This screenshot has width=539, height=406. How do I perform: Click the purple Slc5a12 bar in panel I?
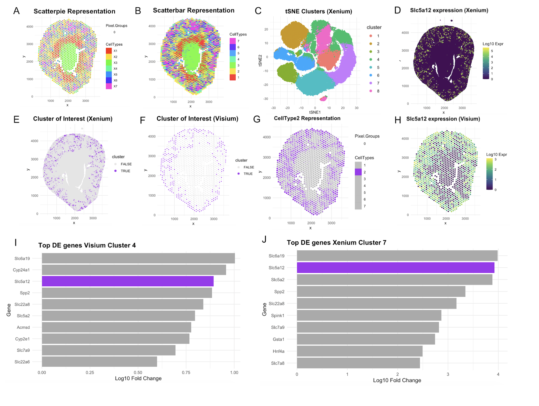(x=128, y=281)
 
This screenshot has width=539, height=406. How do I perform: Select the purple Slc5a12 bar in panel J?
(x=395, y=268)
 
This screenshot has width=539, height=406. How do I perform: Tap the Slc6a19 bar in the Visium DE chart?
(x=138, y=258)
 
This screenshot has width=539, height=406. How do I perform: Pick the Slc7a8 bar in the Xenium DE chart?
(x=358, y=363)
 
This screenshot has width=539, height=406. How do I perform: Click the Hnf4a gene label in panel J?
(x=278, y=351)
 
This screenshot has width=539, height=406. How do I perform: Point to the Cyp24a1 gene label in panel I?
(x=21, y=270)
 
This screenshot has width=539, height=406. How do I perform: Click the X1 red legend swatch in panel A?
(x=109, y=51)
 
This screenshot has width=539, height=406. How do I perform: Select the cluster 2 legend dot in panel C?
(x=371, y=44)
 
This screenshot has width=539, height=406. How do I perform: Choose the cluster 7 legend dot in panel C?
(x=371, y=83)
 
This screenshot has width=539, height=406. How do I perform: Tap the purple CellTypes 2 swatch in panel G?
(x=358, y=172)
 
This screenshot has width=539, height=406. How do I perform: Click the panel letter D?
(x=397, y=10)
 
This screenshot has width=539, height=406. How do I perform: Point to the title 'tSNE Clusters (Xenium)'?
(x=318, y=12)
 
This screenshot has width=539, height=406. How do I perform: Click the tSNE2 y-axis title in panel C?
(x=260, y=61)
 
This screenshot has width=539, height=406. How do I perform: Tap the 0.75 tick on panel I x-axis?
(x=186, y=372)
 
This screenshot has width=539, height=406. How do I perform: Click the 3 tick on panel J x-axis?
(x=448, y=374)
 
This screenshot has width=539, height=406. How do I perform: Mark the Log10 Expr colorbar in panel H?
(x=489, y=174)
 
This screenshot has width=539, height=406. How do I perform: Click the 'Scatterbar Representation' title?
(x=194, y=11)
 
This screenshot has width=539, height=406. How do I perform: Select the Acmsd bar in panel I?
(x=117, y=327)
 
